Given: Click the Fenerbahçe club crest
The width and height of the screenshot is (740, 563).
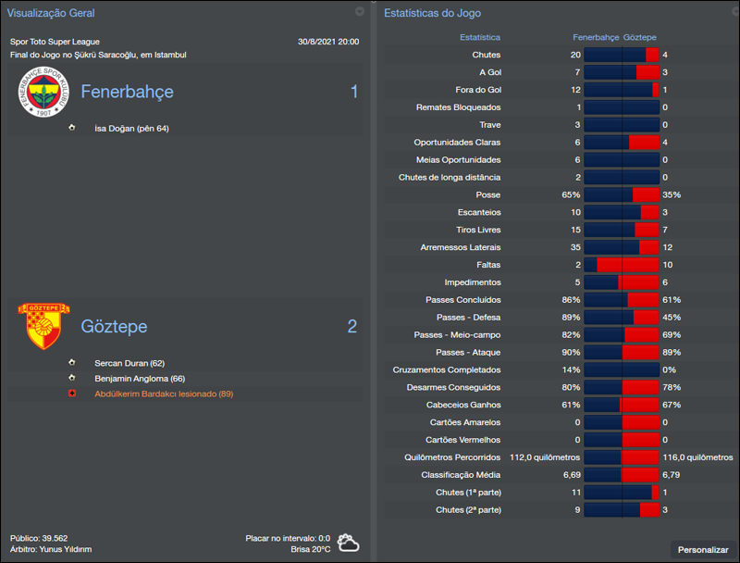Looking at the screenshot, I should (44, 92).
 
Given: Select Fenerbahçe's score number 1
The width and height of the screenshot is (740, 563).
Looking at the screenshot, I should (353, 92).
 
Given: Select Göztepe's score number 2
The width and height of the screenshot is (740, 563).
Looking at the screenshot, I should (351, 326).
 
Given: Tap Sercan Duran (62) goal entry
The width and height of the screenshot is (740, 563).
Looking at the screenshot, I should (129, 363).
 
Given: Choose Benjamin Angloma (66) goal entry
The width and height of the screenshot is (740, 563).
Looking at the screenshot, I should (140, 378).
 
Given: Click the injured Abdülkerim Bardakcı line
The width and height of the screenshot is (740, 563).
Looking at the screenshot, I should (163, 394).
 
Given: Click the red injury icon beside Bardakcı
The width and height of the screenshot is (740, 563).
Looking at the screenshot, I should (72, 394).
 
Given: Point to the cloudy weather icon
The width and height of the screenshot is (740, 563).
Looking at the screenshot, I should (348, 543).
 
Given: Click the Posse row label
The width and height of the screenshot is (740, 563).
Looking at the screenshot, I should (487, 194).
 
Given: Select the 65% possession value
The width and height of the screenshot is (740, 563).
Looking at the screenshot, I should (570, 195).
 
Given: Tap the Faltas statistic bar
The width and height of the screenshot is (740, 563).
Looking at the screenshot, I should (622, 265).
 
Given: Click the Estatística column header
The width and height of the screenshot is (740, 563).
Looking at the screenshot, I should (479, 37).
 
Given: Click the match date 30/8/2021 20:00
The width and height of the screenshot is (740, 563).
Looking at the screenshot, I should (328, 42).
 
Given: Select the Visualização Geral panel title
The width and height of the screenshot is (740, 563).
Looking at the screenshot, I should (51, 13).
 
